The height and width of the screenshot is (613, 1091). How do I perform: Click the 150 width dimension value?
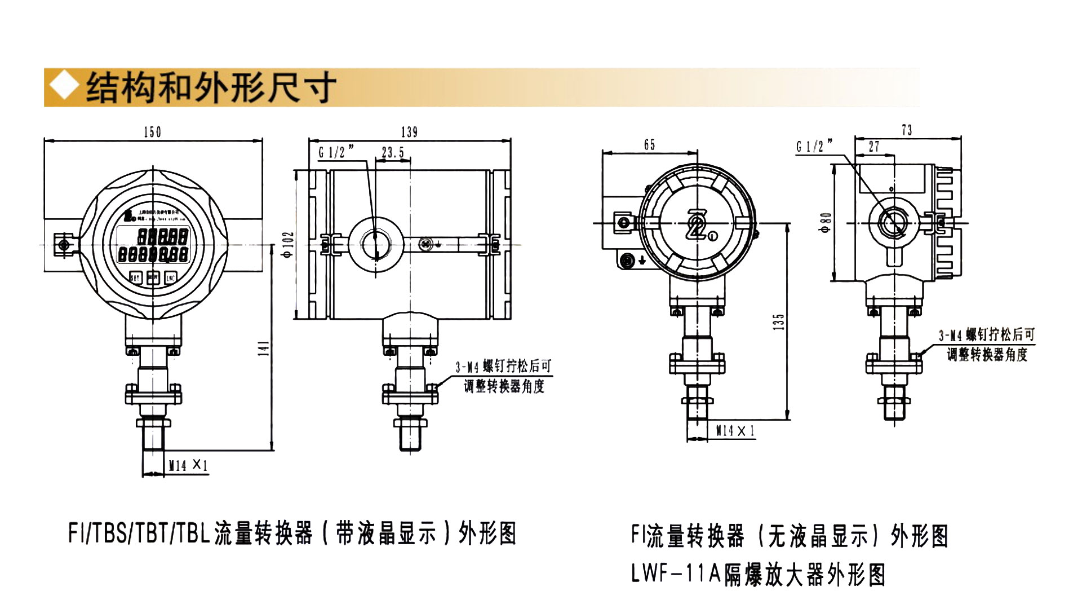[152, 132]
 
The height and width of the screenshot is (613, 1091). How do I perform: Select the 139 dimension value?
[409, 132]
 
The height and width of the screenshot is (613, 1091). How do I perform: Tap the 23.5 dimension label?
[393, 152]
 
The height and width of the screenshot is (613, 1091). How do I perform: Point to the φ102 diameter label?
[289, 244]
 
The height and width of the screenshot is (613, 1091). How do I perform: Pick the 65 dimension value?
[650, 145]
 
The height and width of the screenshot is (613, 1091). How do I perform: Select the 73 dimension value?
[907, 130]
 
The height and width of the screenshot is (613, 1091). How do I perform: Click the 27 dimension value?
[873, 147]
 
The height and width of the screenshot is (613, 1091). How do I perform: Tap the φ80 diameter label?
[826, 223]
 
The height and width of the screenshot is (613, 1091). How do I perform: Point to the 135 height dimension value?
[779, 322]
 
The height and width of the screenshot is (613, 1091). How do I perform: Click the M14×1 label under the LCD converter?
[188, 465]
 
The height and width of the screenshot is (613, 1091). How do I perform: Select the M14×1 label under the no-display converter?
[735, 431]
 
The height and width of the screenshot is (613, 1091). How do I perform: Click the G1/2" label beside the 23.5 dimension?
[336, 152]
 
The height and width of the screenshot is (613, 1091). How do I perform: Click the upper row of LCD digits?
[163, 236]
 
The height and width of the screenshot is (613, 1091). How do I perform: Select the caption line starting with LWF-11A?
[758, 574]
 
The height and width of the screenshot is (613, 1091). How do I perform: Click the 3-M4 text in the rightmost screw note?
[950, 336]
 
